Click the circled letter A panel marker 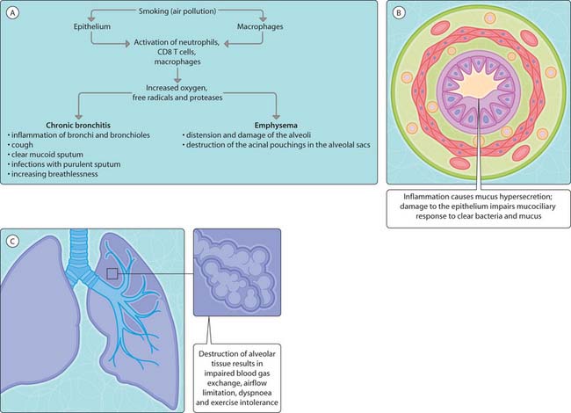(12, 12)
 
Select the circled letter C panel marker (12, 239)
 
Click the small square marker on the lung (112, 274)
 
